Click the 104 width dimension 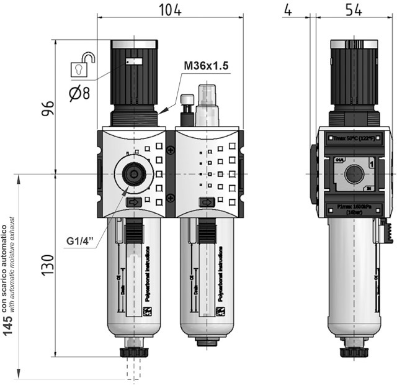point(169,11)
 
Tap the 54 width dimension point(352,11)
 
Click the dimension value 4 point(287,11)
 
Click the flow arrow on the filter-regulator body point(133,202)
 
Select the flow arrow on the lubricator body point(206,202)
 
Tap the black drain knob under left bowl point(135,351)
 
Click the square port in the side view point(353,174)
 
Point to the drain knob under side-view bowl point(353,351)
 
